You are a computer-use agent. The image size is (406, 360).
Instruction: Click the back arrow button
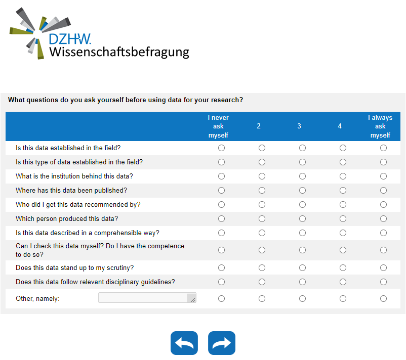point(184,343)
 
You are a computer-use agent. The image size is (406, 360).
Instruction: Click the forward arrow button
point(222,343)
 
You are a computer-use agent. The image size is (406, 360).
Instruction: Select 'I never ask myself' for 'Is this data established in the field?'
point(221,148)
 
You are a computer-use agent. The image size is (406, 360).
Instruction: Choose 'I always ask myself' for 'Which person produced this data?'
point(383,219)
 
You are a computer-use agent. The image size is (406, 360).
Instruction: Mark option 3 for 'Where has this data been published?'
point(302,191)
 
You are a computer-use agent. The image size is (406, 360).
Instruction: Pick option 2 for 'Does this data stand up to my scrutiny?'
point(262,267)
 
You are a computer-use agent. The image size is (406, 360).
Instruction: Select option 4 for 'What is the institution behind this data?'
point(343,176)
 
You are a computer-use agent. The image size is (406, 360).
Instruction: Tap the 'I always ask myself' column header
point(380,126)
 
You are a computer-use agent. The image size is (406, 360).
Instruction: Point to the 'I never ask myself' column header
point(218,126)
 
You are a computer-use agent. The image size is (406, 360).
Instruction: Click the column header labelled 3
point(299,126)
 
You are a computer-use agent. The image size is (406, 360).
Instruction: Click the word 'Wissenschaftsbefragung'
point(119,52)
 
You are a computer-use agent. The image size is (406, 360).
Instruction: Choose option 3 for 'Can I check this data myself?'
point(302,250)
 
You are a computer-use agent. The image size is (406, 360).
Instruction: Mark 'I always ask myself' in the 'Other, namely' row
point(383,299)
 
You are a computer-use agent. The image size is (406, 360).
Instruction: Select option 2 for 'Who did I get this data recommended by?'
point(262,205)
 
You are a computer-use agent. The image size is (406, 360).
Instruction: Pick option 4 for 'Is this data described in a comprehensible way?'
point(343,233)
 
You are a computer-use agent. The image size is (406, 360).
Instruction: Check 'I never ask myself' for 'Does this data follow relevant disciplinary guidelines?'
point(221,282)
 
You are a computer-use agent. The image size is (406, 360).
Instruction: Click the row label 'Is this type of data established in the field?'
point(79,162)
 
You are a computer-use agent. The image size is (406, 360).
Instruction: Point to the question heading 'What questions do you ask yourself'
point(126,100)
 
